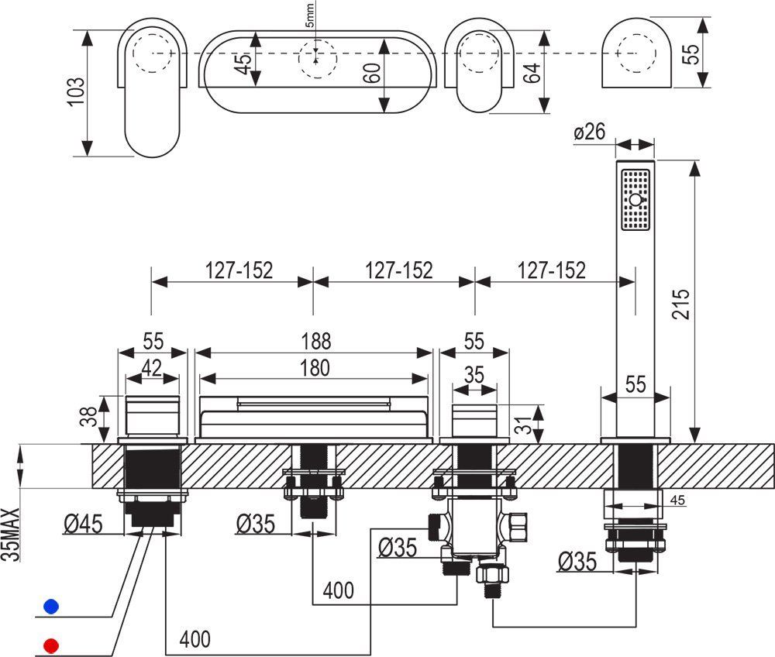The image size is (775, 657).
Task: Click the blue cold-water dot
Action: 51,606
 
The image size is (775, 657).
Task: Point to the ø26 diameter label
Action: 590,133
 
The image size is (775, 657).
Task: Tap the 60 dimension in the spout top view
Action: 372,75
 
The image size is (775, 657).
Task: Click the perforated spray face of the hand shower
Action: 635,200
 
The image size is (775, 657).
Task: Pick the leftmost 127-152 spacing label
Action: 239,270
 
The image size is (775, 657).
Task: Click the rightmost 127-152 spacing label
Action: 552,270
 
